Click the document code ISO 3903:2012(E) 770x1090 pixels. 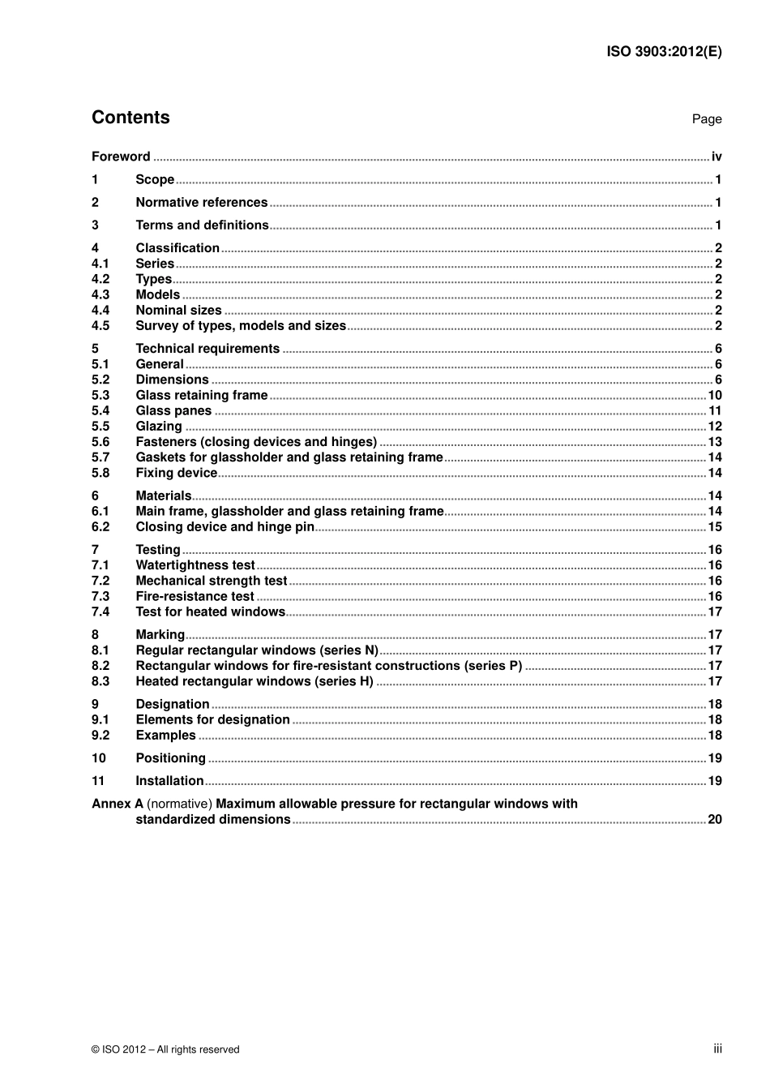pyautogui.click(x=664, y=52)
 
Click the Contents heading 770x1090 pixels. pyautogui.click(x=130, y=118)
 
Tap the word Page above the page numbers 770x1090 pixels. pyautogui.click(x=706, y=119)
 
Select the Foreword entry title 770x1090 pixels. pyautogui.click(x=121, y=157)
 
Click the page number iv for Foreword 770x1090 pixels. pyautogui.click(x=716, y=157)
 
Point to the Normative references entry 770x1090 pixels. pyautogui.click(x=201, y=203)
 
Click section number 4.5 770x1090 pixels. pyautogui.click(x=101, y=326)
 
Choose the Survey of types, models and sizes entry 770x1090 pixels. pyautogui.click(x=241, y=326)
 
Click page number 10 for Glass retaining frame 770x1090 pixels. pyautogui.click(x=714, y=396)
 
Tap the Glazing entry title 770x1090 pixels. pyautogui.click(x=159, y=427)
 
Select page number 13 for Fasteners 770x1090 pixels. pyautogui.click(x=714, y=442)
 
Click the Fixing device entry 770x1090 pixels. pyautogui.click(x=176, y=473)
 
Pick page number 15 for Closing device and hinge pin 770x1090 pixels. pyautogui.click(x=714, y=527)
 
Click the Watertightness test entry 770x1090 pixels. pyautogui.click(x=195, y=565)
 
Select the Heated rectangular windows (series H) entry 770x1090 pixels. pyautogui.click(x=255, y=682)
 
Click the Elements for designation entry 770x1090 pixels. pyautogui.click(x=212, y=720)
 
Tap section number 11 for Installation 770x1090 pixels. pyautogui.click(x=98, y=781)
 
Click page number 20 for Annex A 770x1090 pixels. pyautogui.click(x=714, y=820)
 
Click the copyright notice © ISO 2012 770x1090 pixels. pyautogui.click(x=165, y=1049)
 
